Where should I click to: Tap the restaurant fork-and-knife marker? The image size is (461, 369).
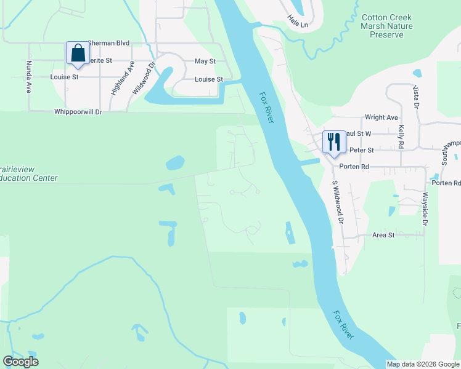333,141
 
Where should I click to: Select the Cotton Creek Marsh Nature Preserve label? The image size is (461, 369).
386,26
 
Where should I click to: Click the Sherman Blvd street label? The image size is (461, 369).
108,43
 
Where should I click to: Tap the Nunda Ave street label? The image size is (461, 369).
28,77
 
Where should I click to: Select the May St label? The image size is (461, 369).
205,61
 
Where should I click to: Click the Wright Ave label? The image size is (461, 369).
381,117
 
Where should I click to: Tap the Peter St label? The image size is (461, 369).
362,150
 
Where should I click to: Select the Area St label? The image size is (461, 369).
383,235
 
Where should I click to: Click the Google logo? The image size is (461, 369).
20,362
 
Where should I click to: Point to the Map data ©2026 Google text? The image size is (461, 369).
422,364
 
